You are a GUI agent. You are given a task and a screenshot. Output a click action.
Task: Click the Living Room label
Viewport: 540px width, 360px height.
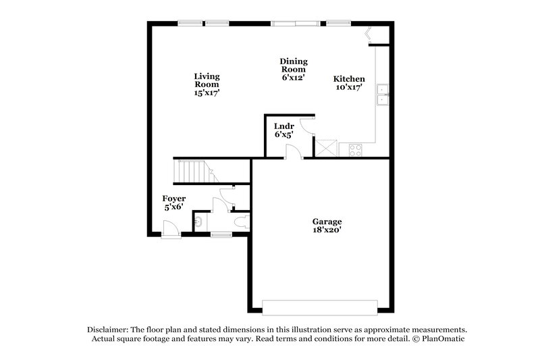(207, 85)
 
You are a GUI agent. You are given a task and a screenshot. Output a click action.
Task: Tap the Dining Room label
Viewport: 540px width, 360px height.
(294, 69)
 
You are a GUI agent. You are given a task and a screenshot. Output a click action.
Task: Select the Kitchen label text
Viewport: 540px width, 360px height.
(350, 82)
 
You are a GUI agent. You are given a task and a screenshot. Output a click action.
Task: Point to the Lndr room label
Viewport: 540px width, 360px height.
(283, 130)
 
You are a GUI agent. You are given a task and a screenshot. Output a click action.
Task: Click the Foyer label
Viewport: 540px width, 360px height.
(174, 203)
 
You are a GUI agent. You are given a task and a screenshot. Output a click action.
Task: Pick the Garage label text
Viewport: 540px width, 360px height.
(327, 226)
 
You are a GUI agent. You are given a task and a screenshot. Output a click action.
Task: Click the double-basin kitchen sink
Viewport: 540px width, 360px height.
(383, 95)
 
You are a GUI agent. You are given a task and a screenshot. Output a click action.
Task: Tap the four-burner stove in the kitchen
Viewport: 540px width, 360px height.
(355, 150)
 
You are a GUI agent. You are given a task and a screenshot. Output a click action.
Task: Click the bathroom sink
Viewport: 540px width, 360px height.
(199, 221)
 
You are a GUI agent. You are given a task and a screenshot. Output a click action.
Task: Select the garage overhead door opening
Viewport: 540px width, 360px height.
(319, 307)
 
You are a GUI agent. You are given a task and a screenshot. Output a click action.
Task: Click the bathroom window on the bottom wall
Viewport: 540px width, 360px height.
(221, 234)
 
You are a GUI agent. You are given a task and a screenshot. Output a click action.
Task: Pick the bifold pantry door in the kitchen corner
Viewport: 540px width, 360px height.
(369, 35)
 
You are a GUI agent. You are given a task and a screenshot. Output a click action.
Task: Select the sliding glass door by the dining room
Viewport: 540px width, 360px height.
(295, 24)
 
